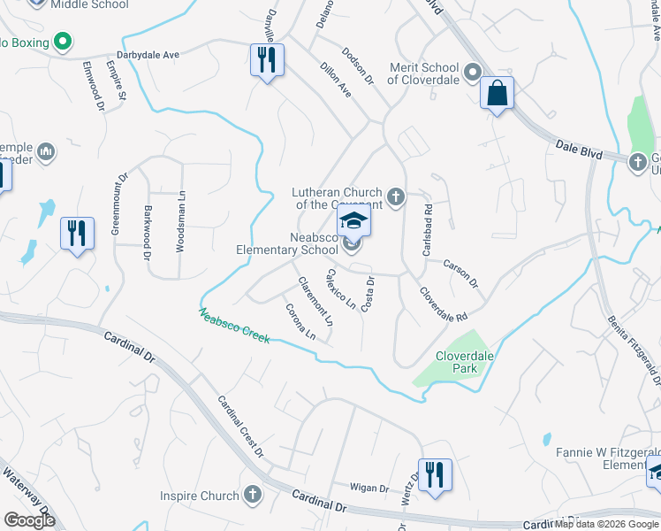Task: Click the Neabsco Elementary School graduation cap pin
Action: click(353, 221)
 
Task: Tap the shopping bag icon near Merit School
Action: click(498, 93)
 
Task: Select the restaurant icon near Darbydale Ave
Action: click(266, 61)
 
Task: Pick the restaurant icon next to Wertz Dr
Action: click(435, 474)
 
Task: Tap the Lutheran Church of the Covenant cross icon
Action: click(396, 196)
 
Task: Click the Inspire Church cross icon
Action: click(253, 494)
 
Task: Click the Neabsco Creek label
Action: click(234, 327)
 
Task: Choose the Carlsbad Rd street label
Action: click(427, 232)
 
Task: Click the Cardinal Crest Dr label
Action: click(240, 426)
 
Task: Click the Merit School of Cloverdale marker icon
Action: click(473, 71)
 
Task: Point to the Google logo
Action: click(28, 520)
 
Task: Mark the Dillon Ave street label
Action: click(336, 79)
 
